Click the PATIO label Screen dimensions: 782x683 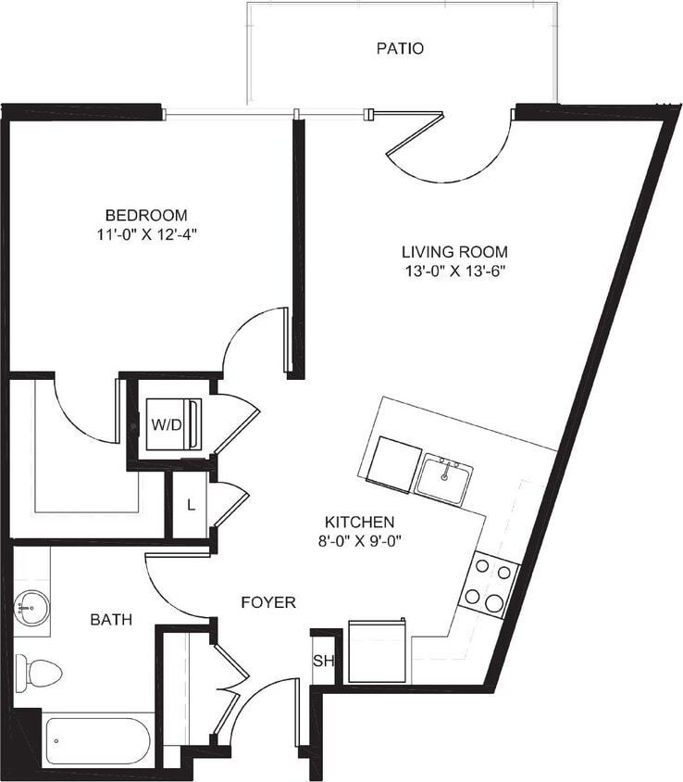[x=400, y=48]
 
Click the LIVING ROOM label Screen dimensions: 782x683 [x=454, y=251]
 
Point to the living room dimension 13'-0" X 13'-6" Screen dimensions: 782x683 [x=454, y=271]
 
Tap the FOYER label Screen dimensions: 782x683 [x=268, y=602]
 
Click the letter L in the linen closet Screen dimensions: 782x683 [x=191, y=505]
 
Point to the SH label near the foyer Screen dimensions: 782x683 [x=322, y=661]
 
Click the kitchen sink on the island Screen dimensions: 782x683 [x=444, y=478]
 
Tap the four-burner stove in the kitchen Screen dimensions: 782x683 [x=490, y=584]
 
